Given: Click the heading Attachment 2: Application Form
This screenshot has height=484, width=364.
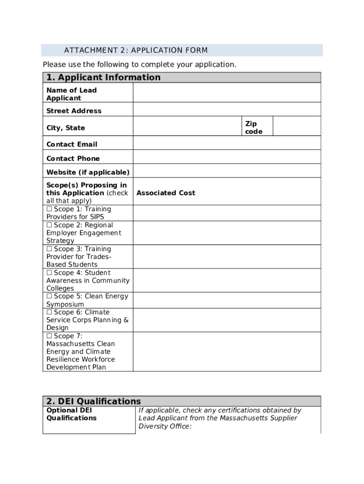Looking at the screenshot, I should [x=136, y=51].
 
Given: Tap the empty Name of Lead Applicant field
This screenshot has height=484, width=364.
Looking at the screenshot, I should [x=226, y=93].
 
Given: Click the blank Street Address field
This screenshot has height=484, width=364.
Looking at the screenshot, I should [x=226, y=110].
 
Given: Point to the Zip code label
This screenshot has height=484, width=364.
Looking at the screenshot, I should [x=253, y=128].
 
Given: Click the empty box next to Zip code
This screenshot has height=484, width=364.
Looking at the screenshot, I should [x=296, y=126].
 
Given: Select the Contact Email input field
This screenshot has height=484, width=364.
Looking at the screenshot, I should [x=226, y=143].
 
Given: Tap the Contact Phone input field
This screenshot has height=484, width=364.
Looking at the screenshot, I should [x=226, y=157].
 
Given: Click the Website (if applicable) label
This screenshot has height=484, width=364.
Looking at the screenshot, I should [x=87, y=172].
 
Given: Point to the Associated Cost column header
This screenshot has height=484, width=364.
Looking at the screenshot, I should [x=165, y=193].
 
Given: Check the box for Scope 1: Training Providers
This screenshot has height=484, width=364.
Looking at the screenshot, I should [x=49, y=209].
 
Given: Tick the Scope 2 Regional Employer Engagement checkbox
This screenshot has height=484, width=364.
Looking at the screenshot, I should [x=49, y=225].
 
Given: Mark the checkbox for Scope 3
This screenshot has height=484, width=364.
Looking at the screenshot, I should [x=49, y=249].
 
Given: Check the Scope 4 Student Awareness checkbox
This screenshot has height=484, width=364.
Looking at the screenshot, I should [x=49, y=273].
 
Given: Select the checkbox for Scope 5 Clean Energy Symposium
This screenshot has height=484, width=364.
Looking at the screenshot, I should [x=49, y=296].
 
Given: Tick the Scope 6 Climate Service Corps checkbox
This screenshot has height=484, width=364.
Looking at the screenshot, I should [x=49, y=312].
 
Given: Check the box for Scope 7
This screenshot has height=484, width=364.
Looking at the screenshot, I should [x=49, y=336].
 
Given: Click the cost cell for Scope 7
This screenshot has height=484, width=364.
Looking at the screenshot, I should [x=226, y=352].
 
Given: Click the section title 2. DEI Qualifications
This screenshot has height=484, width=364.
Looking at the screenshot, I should [x=92, y=401].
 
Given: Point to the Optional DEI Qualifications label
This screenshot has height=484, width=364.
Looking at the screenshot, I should [x=71, y=414].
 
